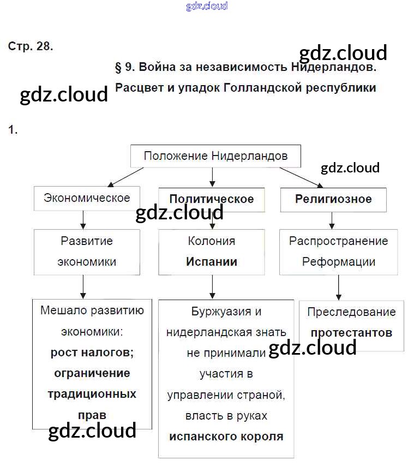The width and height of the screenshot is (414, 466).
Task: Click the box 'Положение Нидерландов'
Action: [x=215, y=156]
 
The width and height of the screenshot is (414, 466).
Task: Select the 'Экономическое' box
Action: [x=87, y=198]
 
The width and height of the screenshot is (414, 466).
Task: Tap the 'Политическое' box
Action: [x=212, y=199]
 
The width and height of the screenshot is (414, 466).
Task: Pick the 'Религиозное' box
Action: [x=333, y=199]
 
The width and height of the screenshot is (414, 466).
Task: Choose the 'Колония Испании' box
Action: [x=212, y=251]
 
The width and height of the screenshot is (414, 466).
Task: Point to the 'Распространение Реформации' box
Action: [x=338, y=251]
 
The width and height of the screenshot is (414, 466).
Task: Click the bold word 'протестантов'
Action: [x=351, y=333]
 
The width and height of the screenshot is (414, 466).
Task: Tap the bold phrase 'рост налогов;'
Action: [x=92, y=353]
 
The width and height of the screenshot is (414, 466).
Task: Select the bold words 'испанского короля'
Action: [x=226, y=437]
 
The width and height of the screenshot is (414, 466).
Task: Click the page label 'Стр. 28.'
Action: [x=31, y=46]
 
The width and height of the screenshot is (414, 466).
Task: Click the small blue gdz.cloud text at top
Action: [x=207, y=7]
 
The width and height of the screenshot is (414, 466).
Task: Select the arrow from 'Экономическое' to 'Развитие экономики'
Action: [x=83, y=219]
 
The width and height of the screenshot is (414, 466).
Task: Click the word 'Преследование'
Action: [x=351, y=312]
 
